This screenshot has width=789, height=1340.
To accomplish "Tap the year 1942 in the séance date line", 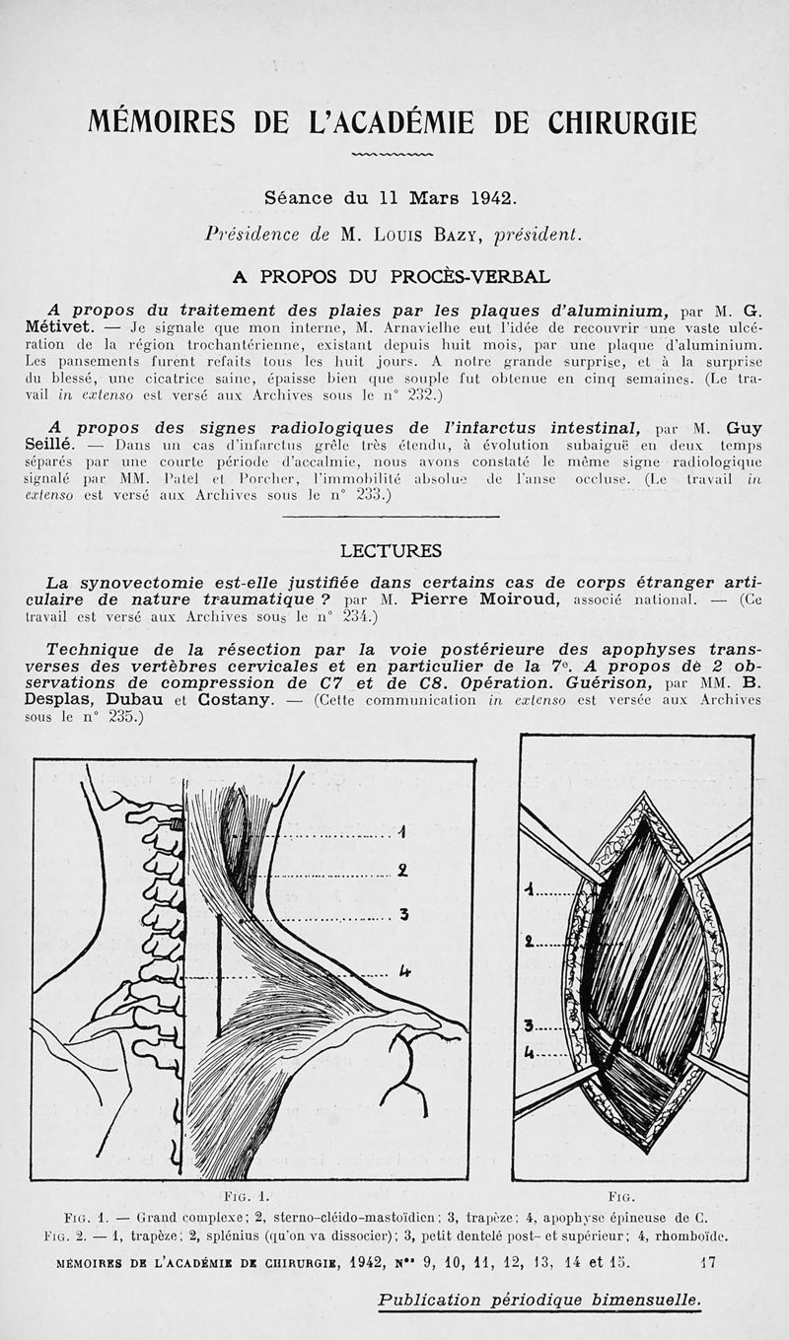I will pos(489,197).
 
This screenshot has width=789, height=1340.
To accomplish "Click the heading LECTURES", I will pos(391,550).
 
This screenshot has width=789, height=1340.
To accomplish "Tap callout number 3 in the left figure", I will pos(403,915).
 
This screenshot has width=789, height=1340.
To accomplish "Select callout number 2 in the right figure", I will pos(531,942).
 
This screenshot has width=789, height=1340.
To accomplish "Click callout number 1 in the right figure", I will pos(530,890).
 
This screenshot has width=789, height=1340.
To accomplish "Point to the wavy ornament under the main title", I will pos(392,155).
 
